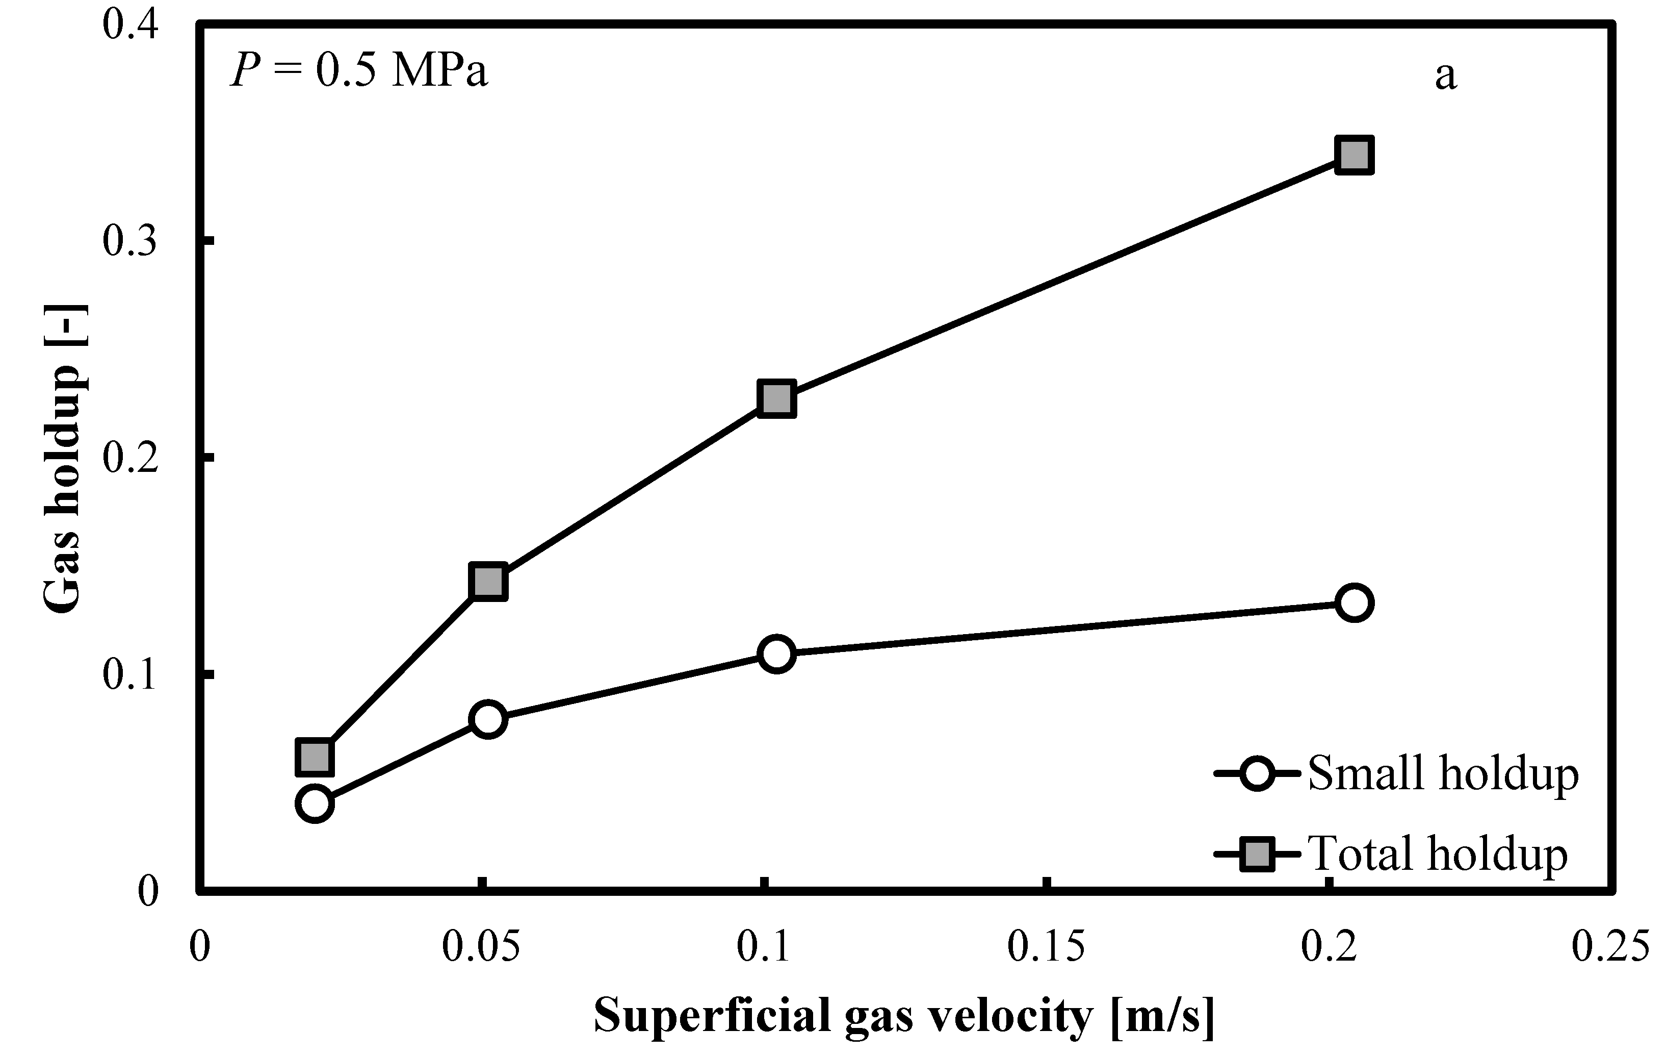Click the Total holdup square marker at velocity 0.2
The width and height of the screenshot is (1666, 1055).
[1353, 155]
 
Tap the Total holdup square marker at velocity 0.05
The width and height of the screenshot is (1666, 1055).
[488, 582]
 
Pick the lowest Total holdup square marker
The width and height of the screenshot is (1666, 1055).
[315, 757]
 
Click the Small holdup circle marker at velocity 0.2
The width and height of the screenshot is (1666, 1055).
[1353, 602]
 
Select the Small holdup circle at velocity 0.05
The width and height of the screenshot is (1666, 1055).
[488, 719]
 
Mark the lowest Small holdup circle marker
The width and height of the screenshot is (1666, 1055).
[315, 803]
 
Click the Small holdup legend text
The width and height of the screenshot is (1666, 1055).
[1443, 773]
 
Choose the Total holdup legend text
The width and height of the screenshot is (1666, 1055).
[1438, 854]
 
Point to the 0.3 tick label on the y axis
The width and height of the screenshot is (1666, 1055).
[130, 241]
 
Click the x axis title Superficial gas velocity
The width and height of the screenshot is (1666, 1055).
[903, 1016]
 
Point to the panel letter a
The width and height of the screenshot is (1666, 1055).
[1445, 76]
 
